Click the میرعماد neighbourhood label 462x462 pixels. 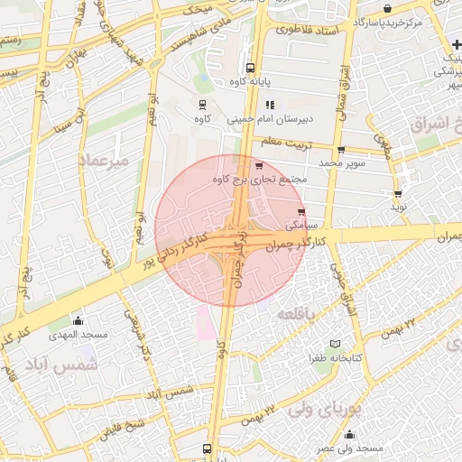coord(105,160)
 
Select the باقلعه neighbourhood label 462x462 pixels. coord(296,313)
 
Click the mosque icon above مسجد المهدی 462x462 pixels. coord(78,321)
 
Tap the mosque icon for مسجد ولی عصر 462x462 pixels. coord(349,435)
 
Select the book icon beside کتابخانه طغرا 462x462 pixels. coord(335,344)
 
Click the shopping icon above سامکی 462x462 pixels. coord(301,212)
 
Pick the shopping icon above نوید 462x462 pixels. coord(398,194)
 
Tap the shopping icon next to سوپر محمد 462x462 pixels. coord(340,151)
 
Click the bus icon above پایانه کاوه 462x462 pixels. coord(250,68)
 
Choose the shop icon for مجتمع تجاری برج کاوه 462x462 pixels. coord(260,166)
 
